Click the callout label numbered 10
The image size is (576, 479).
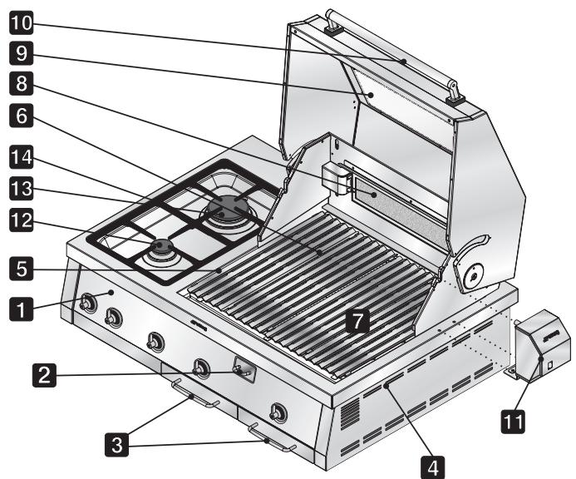coord(22,23)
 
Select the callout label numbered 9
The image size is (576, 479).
coord(22,53)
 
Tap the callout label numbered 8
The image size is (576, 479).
coord(22,83)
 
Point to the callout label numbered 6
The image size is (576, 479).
coord(22,116)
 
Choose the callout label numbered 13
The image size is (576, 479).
coord(22,189)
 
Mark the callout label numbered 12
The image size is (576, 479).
coord(22,220)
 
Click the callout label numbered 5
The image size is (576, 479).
coord(22,269)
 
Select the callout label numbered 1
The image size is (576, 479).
coord(22,309)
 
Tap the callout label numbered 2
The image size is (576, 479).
coord(44,375)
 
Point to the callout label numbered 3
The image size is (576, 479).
coord(117,445)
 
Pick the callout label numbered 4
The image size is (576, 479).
coord(433,467)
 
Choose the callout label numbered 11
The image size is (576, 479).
coord(513,422)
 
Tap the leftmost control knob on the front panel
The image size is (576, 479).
coord(88,303)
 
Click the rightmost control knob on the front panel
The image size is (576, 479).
coord(278,412)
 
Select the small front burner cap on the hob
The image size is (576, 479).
coord(161,245)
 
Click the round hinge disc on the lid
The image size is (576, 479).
coord(474,276)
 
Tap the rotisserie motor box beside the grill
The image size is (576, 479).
coord(542,346)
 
